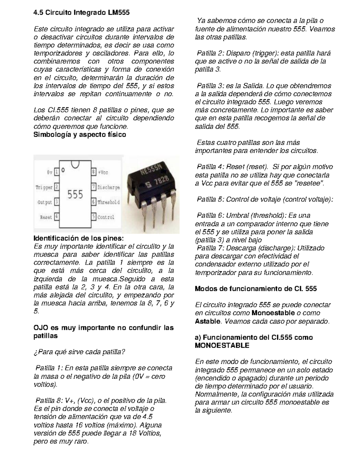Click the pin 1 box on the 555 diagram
coord(56,172)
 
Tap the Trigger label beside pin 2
coord(44,187)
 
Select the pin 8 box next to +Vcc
coord(94,172)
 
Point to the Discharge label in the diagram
coord(109,187)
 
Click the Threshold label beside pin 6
coord(109,202)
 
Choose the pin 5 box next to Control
coord(94,217)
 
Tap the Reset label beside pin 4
coord(46,217)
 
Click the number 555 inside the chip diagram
coord(75,195)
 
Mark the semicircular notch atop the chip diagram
coord(75,164)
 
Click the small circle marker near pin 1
coord(63,170)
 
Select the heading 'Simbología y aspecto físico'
coord(80,134)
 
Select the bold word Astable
coord(208,321)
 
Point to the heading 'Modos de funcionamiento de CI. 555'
coord(256,289)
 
